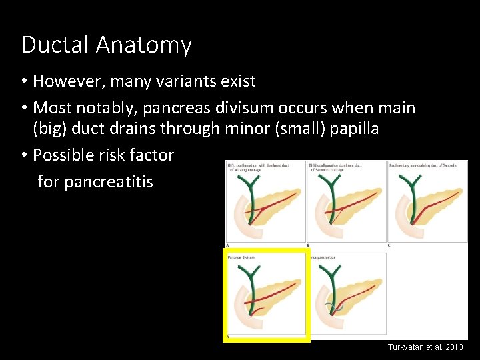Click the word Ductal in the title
[x=56, y=45]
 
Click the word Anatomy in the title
[x=144, y=45]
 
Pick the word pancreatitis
[x=95, y=181]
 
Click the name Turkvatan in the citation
[x=407, y=348]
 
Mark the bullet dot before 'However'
[x=24, y=82]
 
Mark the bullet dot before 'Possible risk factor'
[x=24, y=155]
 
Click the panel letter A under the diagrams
[x=227, y=245]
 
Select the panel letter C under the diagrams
[x=389, y=245]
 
